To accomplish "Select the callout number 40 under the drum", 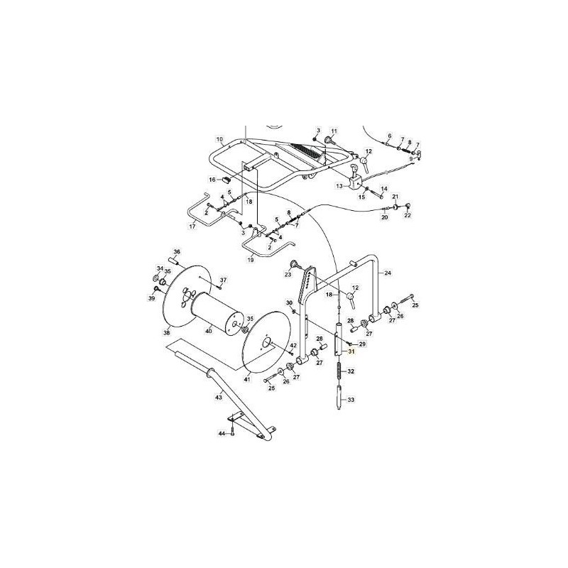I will click(208, 331).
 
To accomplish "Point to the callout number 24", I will click(388, 273).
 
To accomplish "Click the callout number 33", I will click(350, 400).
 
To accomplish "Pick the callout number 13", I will click(339, 186).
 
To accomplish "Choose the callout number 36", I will click(177, 252).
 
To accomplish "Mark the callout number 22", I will click(408, 216).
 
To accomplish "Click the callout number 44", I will click(222, 433).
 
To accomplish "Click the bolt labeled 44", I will click(233, 433).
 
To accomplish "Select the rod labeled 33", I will click(339, 398).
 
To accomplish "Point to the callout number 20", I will click(385, 217).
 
